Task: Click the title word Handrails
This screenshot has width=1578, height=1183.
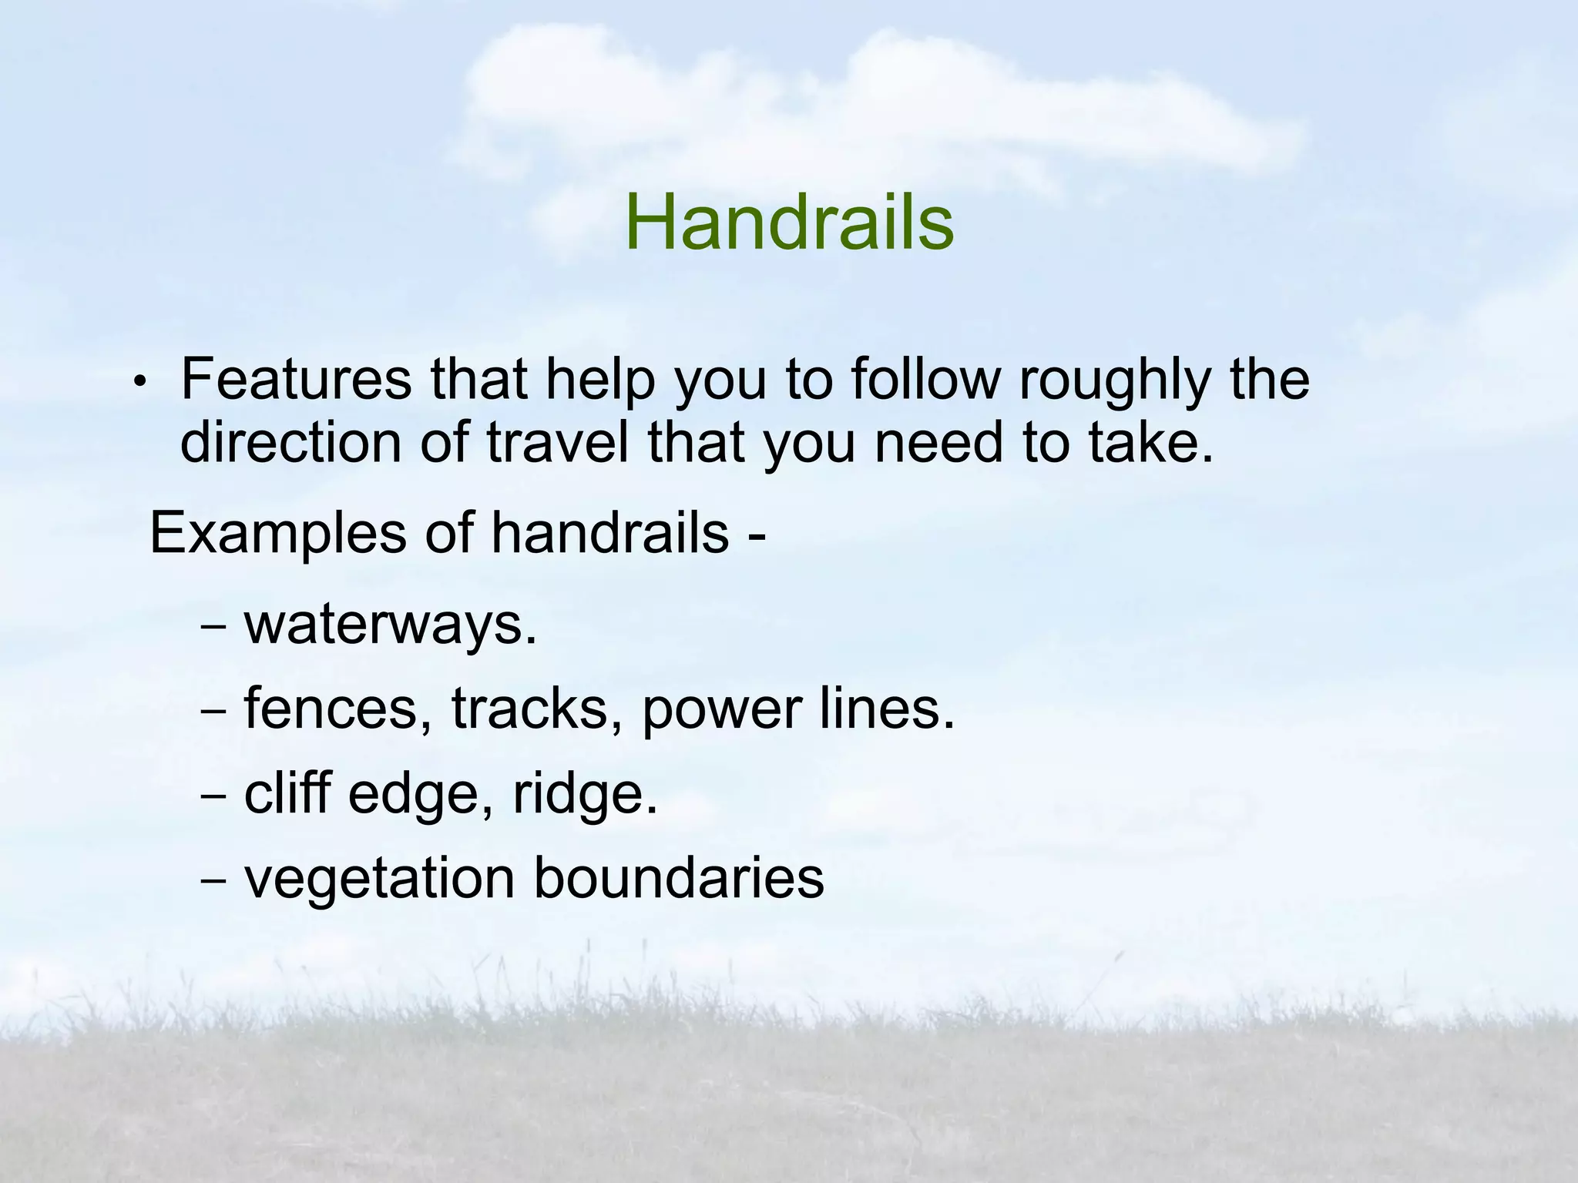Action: pos(789,223)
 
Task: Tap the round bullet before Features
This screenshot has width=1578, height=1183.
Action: pos(139,382)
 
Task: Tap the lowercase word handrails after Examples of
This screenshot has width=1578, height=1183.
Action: pos(609,532)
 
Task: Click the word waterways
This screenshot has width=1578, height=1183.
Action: pos(389,623)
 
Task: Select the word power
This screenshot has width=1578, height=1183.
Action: pos(721,711)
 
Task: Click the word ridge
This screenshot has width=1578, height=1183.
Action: pos(586,795)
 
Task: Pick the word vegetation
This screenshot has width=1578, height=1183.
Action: pos(378,879)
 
